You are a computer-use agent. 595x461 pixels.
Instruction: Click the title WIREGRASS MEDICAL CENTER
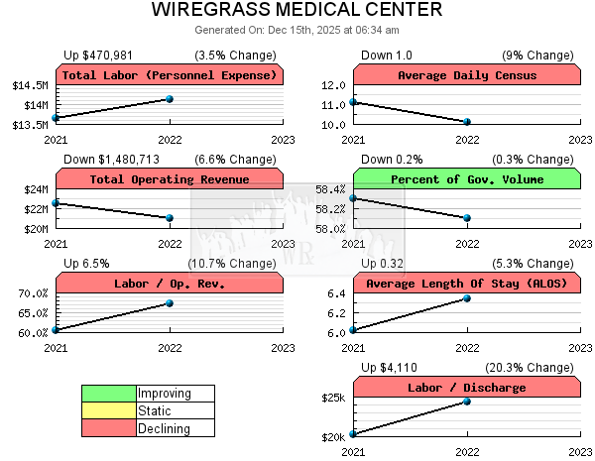(x=297, y=11)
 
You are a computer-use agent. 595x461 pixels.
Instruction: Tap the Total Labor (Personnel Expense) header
(x=170, y=75)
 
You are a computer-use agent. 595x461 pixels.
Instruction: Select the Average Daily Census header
(x=466, y=75)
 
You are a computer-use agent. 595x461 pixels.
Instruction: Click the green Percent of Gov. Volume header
(x=466, y=179)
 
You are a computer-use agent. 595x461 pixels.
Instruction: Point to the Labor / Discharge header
(x=466, y=388)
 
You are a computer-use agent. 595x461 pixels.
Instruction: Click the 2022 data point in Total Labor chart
(x=170, y=99)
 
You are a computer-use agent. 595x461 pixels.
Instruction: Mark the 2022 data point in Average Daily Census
(x=467, y=122)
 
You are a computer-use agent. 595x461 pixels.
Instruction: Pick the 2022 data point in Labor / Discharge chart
(x=467, y=402)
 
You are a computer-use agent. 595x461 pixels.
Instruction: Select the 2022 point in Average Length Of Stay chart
(x=467, y=298)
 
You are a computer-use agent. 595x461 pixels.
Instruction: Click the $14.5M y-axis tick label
(x=32, y=85)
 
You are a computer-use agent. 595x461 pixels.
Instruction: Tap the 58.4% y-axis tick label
(x=329, y=189)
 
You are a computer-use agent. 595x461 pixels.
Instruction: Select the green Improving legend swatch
(x=109, y=394)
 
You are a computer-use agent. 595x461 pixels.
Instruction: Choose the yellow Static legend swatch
(x=109, y=410)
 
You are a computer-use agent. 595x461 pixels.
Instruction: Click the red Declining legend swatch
(x=109, y=428)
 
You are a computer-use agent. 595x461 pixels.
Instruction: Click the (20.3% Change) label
(x=533, y=367)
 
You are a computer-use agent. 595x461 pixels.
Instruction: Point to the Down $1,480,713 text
(x=111, y=159)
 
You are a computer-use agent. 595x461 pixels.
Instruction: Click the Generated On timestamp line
(x=297, y=30)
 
